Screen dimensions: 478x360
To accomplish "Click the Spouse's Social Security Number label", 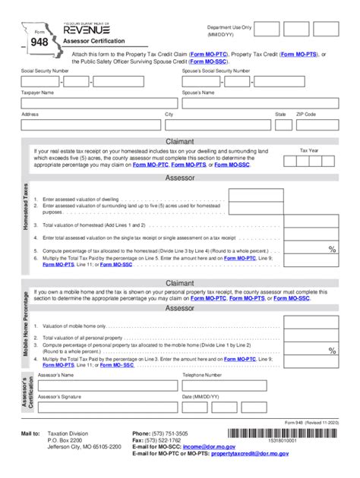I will click(x=216, y=71).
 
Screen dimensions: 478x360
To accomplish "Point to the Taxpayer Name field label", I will click(x=37, y=92).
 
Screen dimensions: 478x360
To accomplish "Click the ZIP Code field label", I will click(x=305, y=114).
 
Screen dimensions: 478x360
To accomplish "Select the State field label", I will click(x=280, y=114).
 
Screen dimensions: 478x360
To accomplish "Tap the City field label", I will click(x=169, y=114).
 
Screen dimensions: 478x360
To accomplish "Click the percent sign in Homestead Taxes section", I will click(x=332, y=249).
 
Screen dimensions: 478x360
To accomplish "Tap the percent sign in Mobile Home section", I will click(x=332, y=350).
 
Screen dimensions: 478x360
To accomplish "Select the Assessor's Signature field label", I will click(x=60, y=397).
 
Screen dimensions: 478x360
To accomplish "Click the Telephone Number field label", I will click(x=202, y=375).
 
